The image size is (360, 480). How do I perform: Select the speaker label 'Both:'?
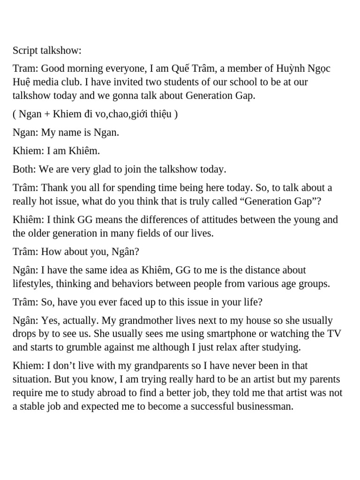click(x=24, y=169)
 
